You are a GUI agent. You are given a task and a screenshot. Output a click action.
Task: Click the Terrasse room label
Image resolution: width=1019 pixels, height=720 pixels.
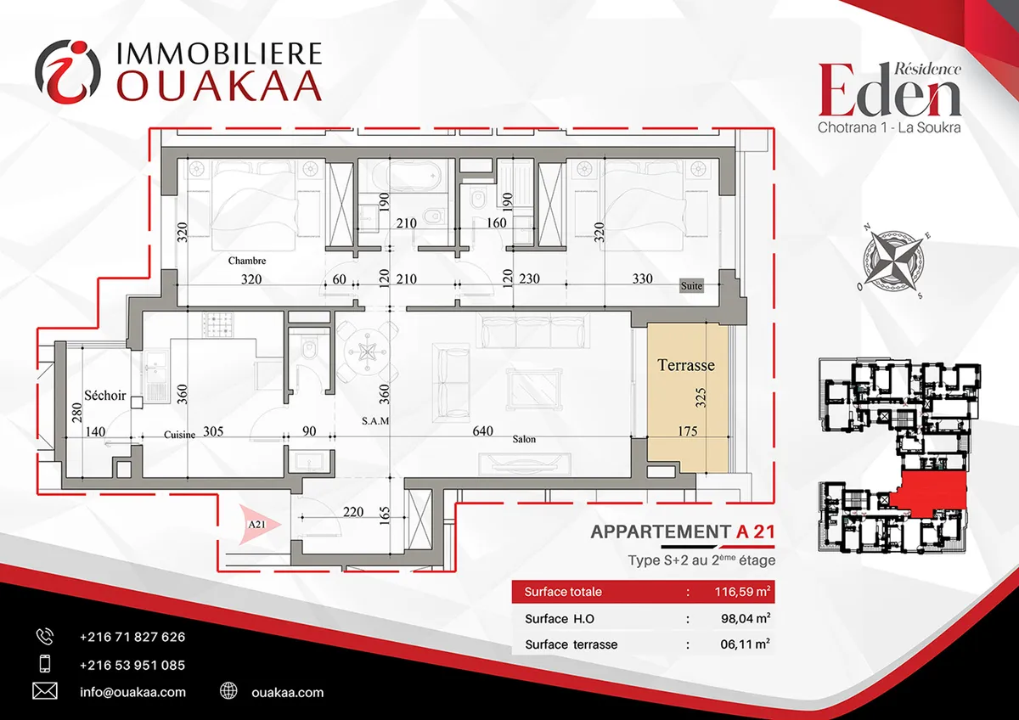click(x=686, y=365)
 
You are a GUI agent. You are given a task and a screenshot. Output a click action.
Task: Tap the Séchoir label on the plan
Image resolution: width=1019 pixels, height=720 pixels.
click(x=104, y=396)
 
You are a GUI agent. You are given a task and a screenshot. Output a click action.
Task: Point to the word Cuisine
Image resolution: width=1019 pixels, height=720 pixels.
click(x=180, y=435)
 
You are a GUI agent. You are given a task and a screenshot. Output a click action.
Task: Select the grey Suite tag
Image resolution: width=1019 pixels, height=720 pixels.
click(x=691, y=285)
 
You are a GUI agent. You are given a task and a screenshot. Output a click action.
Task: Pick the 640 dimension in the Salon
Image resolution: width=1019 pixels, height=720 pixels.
click(x=482, y=430)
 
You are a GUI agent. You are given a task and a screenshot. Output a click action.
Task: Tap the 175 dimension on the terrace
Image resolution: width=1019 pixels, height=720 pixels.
click(x=687, y=430)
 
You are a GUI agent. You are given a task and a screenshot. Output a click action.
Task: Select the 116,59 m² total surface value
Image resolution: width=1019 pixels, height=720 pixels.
click(x=742, y=592)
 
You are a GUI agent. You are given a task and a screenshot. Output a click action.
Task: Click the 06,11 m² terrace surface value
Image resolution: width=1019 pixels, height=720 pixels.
click(x=746, y=644)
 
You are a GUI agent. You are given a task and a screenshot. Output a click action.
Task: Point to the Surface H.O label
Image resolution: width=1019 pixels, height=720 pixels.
click(x=560, y=619)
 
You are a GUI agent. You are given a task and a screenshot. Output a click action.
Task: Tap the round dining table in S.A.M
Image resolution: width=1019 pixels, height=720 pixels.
click(x=366, y=352)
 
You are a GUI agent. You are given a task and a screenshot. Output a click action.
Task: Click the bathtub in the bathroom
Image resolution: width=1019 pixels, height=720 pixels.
click(x=406, y=175)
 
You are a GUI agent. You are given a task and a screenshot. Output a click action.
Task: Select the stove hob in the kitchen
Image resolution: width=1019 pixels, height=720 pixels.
click(x=219, y=324)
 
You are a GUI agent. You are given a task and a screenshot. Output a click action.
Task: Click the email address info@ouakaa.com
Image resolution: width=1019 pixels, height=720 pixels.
click(x=132, y=692)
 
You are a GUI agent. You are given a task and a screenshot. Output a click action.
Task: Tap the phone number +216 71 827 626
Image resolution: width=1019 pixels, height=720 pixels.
click(x=132, y=637)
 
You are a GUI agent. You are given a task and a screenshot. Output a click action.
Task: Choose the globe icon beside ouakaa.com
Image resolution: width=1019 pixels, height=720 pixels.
click(x=228, y=690)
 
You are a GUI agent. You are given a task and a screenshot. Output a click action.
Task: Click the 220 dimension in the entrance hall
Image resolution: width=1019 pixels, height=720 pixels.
click(x=353, y=512)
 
